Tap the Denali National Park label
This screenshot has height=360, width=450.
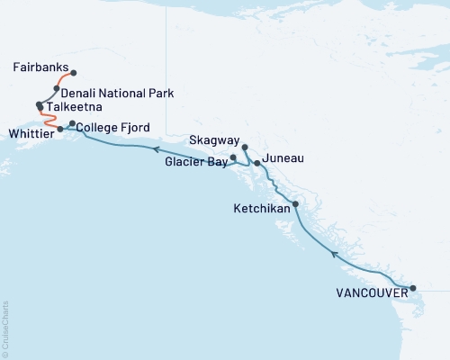pyautogui.click(x=119, y=93)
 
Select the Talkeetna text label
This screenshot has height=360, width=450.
pyautogui.click(x=75, y=106)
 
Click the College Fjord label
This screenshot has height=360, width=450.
pyautogui.click(x=114, y=127)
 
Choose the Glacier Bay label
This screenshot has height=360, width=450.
pyautogui.click(x=195, y=163)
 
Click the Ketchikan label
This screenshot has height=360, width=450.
pyautogui.click(x=262, y=208)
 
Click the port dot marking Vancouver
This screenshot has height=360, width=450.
pyautogui.click(x=413, y=289)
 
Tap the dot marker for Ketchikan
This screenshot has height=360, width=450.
pyautogui.click(x=295, y=204)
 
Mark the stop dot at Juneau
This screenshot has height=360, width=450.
pyautogui.click(x=257, y=163)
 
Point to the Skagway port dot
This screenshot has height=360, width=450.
pyautogui.click(x=245, y=145)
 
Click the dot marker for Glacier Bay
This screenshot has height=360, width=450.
pyautogui.click(x=233, y=158)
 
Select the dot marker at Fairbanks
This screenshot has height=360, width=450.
pyautogui.click(x=73, y=72)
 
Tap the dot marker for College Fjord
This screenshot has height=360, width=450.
pyautogui.click(x=72, y=123)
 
